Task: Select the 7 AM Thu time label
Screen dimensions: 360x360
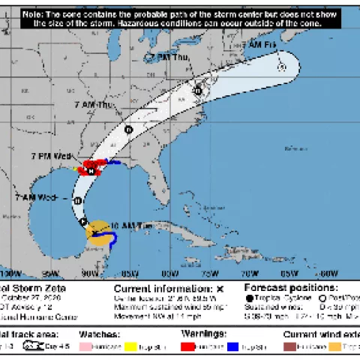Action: click(x=95, y=105)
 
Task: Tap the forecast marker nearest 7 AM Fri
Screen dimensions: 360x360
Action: click(x=282, y=67)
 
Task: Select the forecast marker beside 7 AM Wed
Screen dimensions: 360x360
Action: click(x=77, y=201)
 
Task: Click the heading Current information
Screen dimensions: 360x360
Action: click(x=163, y=288)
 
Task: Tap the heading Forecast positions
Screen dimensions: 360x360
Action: click(x=289, y=288)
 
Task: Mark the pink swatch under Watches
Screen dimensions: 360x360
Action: click(x=91, y=346)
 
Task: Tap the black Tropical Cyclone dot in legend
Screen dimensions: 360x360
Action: click(x=248, y=298)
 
